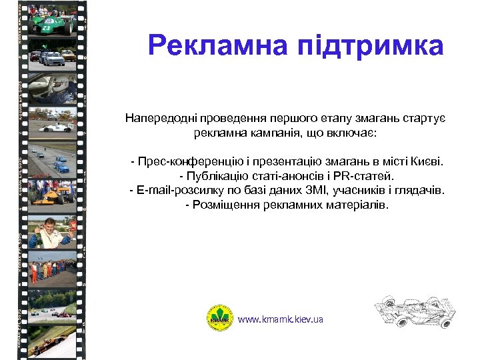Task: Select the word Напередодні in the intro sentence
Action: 156,118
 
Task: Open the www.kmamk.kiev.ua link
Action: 281,319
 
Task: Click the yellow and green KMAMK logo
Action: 219,318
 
